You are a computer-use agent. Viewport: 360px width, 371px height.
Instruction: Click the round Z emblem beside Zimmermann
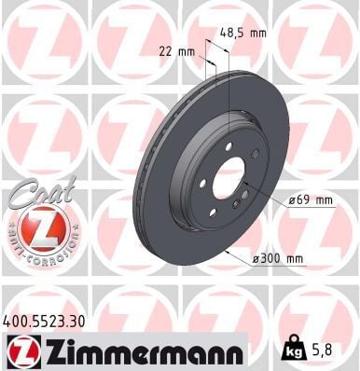click(20, 350)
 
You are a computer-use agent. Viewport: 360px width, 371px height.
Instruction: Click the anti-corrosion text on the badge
click(41, 254)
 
